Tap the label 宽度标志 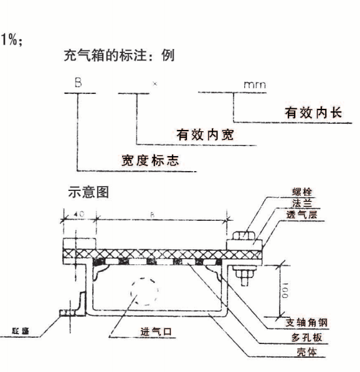[149, 160]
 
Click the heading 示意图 [88, 192]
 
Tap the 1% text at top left [14, 37]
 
